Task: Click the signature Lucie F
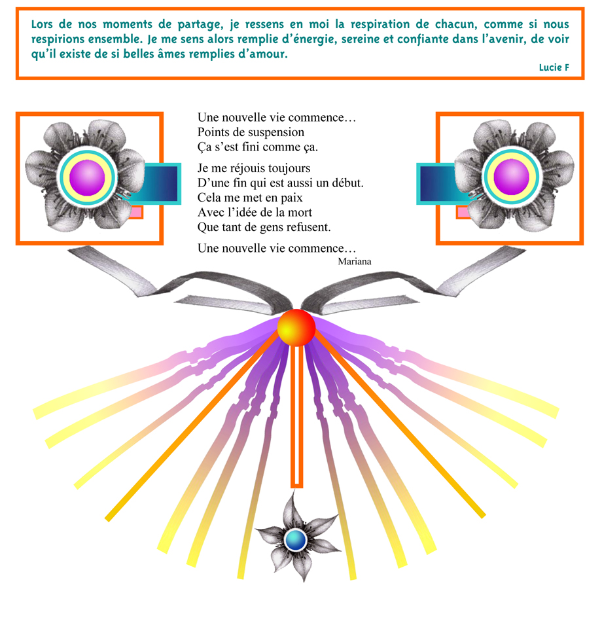pyautogui.click(x=554, y=67)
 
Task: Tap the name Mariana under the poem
pyautogui.click(x=355, y=261)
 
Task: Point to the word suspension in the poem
pyautogui.click(x=276, y=133)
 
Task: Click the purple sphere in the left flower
pyautogui.click(x=87, y=177)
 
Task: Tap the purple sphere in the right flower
pyautogui.click(x=511, y=177)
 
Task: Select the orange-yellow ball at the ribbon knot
pyautogui.click(x=296, y=327)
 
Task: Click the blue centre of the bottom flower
pyautogui.click(x=296, y=540)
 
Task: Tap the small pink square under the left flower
pyautogui.click(x=136, y=212)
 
